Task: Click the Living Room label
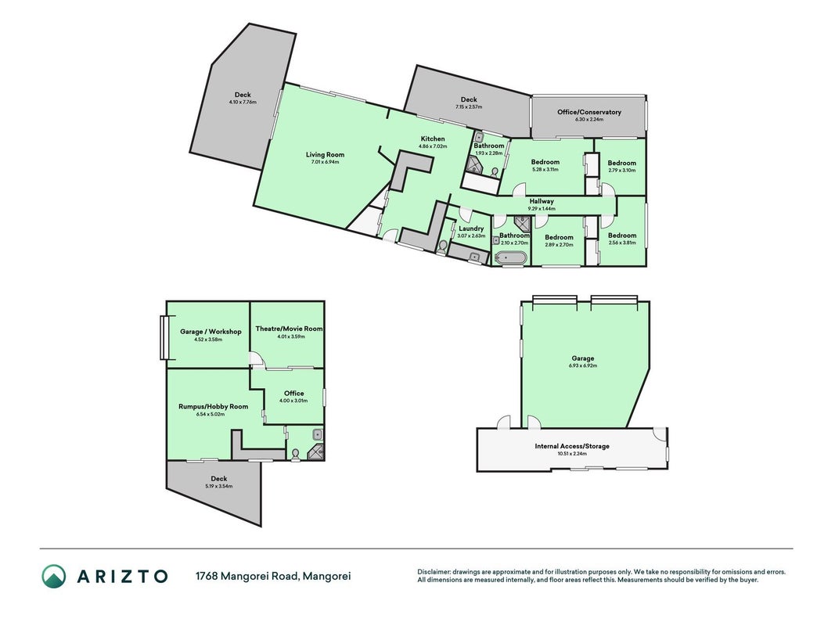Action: pyautogui.click(x=325, y=154)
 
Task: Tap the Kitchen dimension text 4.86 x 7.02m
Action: pyautogui.click(x=433, y=146)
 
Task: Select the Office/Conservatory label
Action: pyautogui.click(x=589, y=113)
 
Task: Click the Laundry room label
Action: pyautogui.click(x=471, y=228)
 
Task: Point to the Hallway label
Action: pyautogui.click(x=542, y=201)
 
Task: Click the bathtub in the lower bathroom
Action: pyautogui.click(x=511, y=258)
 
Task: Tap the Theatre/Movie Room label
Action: pyautogui.click(x=290, y=329)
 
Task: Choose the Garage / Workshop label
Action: pyautogui.click(x=211, y=331)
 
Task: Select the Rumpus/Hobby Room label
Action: pyautogui.click(x=213, y=406)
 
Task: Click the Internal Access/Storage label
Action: pyautogui.click(x=572, y=446)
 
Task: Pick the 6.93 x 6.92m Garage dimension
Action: pyautogui.click(x=582, y=365)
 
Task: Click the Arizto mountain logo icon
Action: pyautogui.click(x=54, y=576)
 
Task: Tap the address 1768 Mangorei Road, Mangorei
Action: pyautogui.click(x=273, y=576)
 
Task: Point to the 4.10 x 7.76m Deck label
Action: pyautogui.click(x=243, y=102)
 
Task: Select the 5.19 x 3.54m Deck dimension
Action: pyautogui.click(x=219, y=486)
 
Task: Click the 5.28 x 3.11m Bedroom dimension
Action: pyautogui.click(x=545, y=169)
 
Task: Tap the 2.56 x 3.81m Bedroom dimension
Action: pyautogui.click(x=622, y=243)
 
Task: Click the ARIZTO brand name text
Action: pyautogui.click(x=123, y=576)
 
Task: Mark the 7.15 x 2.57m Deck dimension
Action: pyautogui.click(x=469, y=106)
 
